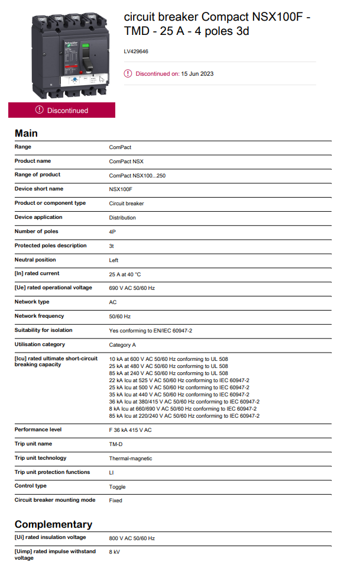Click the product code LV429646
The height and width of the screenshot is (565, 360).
[x=136, y=51]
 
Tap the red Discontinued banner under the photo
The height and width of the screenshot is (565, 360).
[x=61, y=110]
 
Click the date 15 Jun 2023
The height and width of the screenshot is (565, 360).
[x=197, y=74]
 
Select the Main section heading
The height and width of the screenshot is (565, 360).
[x=26, y=133]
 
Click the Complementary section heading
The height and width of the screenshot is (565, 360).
[x=53, y=524]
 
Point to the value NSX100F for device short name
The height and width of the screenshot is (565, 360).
[x=121, y=189]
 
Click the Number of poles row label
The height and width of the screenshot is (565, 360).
[x=36, y=231]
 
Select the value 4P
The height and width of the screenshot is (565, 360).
[x=112, y=232]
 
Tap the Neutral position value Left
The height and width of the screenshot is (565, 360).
[x=113, y=260]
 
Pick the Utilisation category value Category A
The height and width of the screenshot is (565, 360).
[x=122, y=345]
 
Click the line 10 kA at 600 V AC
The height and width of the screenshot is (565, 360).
[x=168, y=359]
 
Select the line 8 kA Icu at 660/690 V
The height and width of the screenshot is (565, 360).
[x=183, y=409]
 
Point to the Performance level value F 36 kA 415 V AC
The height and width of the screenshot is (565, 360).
[x=130, y=430]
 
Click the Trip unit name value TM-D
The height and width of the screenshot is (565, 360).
[x=116, y=444]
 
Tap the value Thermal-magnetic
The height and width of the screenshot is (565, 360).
[x=130, y=459]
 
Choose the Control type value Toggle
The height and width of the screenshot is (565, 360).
[x=117, y=487]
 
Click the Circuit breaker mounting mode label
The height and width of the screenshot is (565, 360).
[x=55, y=500]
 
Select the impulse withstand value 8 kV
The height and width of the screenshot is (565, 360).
[x=114, y=552]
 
